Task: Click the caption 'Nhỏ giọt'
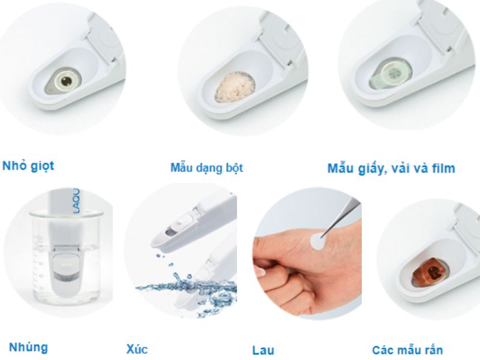pyautogui.click(x=28, y=166)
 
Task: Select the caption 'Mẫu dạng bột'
pyautogui.click(x=206, y=168)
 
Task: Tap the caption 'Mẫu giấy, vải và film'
pyautogui.click(x=391, y=168)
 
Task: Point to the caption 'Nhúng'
pyautogui.click(x=28, y=347)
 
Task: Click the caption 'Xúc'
pyautogui.click(x=137, y=349)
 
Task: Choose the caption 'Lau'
pyautogui.click(x=263, y=350)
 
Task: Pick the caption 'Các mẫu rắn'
pyautogui.click(x=407, y=349)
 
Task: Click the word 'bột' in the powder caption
pyautogui.click(x=232, y=168)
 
